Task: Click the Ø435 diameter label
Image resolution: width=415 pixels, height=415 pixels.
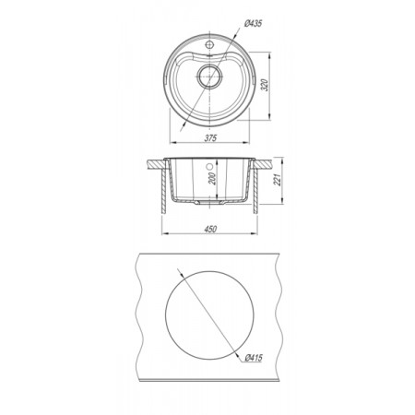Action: pos(254,24)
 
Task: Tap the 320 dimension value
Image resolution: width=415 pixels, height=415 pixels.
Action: pos(266,85)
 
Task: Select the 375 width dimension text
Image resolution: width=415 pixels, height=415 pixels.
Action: pos(210,137)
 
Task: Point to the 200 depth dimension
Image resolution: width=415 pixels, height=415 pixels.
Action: pos(212,179)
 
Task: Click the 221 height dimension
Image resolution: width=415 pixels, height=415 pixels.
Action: pos(277,180)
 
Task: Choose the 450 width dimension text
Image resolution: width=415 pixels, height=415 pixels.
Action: pos(210,229)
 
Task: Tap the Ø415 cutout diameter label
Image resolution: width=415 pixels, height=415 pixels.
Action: pos(254,358)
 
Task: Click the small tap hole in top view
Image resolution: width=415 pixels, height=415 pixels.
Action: pos(209,44)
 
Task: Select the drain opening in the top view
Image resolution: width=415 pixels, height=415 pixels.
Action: pos(209,77)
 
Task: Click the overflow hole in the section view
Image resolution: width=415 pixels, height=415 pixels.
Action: pos(209,167)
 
